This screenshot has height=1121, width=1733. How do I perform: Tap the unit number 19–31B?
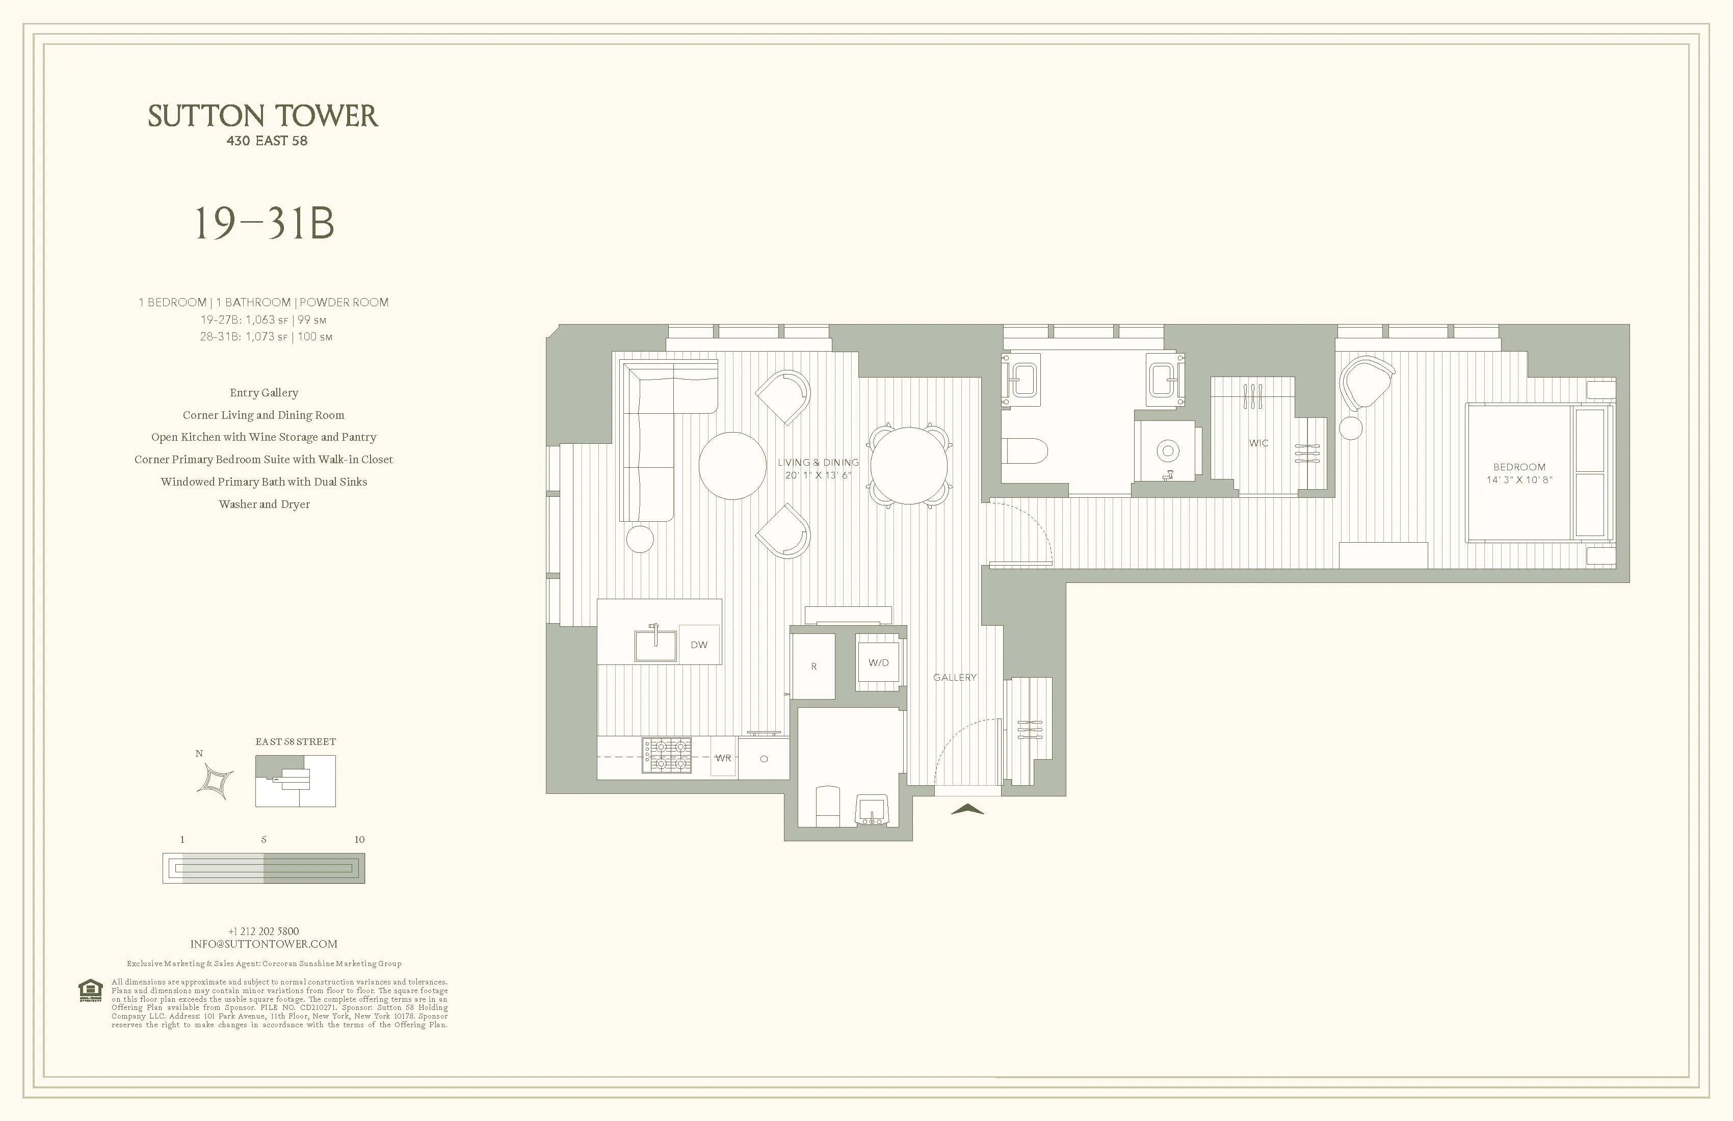tap(264, 224)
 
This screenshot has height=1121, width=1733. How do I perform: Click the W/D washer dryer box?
tap(878, 663)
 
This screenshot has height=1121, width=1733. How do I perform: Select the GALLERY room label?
tap(955, 678)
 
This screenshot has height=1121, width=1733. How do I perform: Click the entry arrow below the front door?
tap(967, 809)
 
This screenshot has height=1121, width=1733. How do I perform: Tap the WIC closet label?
tap(1258, 443)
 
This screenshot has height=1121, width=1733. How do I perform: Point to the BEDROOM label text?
tap(1519, 467)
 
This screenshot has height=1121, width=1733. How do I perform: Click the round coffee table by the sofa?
tap(732, 466)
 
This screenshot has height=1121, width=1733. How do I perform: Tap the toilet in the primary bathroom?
tap(1025, 450)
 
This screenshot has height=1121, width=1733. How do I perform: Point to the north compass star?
tap(216, 781)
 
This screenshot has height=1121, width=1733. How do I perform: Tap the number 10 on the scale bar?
tap(359, 839)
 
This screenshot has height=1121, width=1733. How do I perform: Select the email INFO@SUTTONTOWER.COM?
tap(264, 944)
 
